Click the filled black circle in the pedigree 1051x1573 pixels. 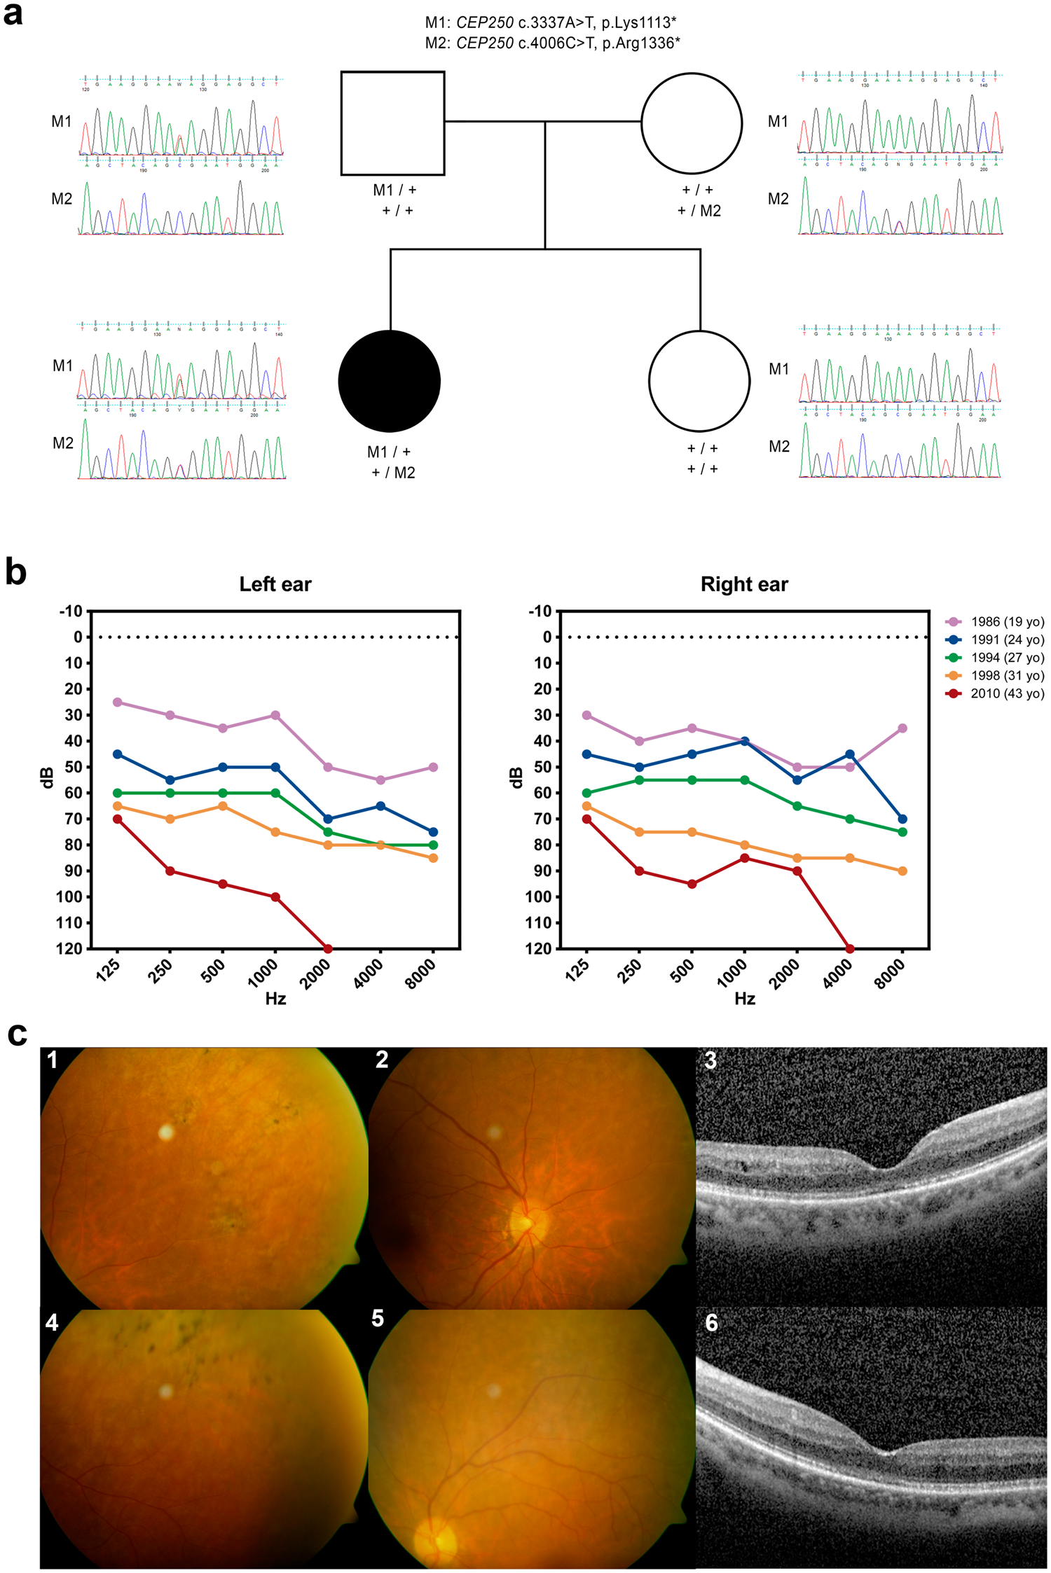point(389,381)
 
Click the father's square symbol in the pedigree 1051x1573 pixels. point(392,123)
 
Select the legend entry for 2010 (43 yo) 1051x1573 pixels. point(1006,693)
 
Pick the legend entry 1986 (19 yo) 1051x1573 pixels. point(1006,622)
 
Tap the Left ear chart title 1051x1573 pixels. point(275,584)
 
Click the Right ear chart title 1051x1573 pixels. point(744,584)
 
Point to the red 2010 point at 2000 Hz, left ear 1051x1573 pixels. point(328,948)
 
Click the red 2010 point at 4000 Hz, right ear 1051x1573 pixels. point(850,948)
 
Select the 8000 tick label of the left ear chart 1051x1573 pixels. point(420,974)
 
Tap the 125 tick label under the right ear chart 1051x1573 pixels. point(578,971)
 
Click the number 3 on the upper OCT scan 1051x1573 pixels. point(710,1061)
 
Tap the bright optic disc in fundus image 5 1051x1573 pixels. point(437,1539)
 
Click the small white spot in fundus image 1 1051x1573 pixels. point(166,1132)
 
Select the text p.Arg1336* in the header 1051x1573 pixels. point(641,43)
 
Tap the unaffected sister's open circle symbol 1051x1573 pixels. point(699,381)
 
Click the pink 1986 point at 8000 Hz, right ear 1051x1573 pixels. point(902,728)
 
